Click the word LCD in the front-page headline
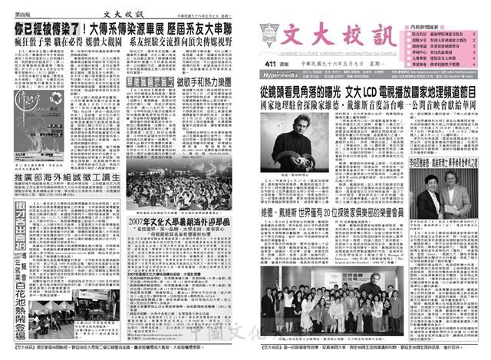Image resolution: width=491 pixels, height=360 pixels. (x=378, y=92)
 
